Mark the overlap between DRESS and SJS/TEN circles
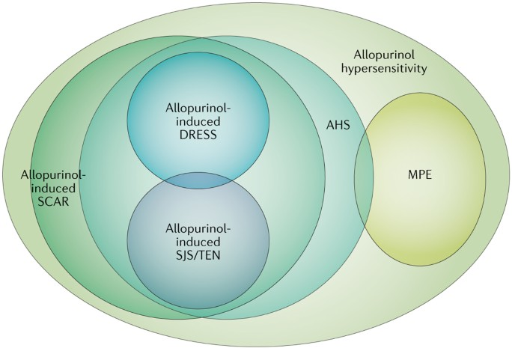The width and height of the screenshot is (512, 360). coord(198,180)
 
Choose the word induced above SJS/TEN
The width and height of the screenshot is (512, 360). coord(198,242)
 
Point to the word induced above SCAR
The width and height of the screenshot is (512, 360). coord(54,187)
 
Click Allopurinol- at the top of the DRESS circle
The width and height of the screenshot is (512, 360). coord(198,107)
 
